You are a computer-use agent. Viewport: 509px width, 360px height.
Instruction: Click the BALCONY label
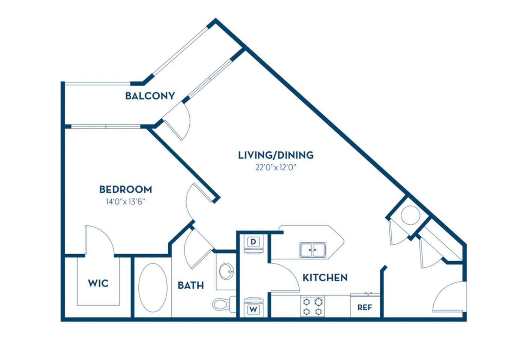coord(150,96)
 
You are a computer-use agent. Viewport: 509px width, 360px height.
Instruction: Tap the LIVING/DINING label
coord(275,155)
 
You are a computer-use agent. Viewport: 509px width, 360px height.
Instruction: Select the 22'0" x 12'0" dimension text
coord(275,168)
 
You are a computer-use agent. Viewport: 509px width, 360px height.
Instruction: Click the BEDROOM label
coord(125,189)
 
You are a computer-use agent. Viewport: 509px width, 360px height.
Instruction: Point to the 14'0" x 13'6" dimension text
coord(125,202)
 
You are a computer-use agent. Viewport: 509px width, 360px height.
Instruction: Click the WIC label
coord(98,283)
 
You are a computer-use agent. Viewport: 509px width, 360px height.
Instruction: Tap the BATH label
coord(191,285)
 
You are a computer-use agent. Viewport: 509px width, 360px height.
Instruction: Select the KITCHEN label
coord(325,277)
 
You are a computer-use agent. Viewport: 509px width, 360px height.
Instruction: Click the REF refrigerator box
coord(365,307)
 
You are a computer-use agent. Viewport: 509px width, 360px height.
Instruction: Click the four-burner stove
coord(312,306)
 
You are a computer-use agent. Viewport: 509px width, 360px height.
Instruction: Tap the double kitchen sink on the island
coord(313,250)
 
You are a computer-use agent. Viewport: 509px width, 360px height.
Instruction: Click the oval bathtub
coord(153,288)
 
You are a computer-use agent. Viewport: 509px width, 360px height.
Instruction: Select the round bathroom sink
coord(226,271)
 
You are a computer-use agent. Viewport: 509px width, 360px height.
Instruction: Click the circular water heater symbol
coord(410,215)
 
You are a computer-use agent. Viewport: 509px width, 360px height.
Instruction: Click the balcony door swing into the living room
coord(178,121)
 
